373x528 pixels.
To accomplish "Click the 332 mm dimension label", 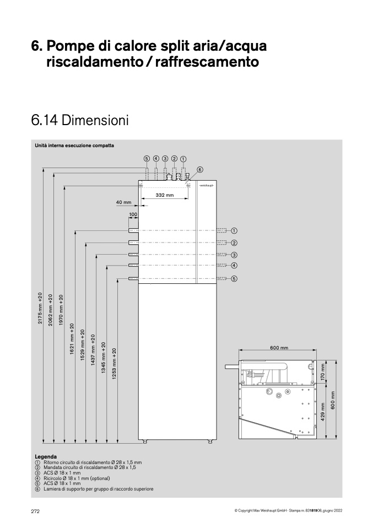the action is tap(165, 195).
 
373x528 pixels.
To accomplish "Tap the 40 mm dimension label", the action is tap(123, 202).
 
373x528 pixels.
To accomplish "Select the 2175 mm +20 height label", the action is tap(40, 308).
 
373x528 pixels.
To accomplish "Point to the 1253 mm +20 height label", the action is tap(115, 364).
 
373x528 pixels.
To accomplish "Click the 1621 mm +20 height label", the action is tap(72, 339).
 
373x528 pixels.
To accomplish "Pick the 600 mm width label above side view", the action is tap(279, 348).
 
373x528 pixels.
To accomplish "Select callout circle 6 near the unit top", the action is tap(199, 170).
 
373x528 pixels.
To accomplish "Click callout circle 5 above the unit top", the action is tap(147, 158).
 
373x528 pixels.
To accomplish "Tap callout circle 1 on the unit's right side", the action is tap(234, 231).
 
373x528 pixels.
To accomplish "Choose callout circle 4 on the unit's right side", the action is tap(234, 265).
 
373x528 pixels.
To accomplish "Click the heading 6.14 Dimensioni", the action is tap(80, 121).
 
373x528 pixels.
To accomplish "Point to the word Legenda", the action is tap(46, 457).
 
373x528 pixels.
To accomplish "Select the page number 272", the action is tap(35, 511).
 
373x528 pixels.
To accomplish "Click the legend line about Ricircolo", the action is tap(72, 478).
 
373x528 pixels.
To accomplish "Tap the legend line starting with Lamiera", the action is tap(94, 489).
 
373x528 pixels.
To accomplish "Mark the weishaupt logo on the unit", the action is tap(206, 185).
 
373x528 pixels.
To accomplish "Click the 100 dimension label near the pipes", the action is tap(133, 214).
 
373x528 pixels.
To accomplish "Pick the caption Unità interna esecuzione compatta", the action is tap(74, 146).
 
